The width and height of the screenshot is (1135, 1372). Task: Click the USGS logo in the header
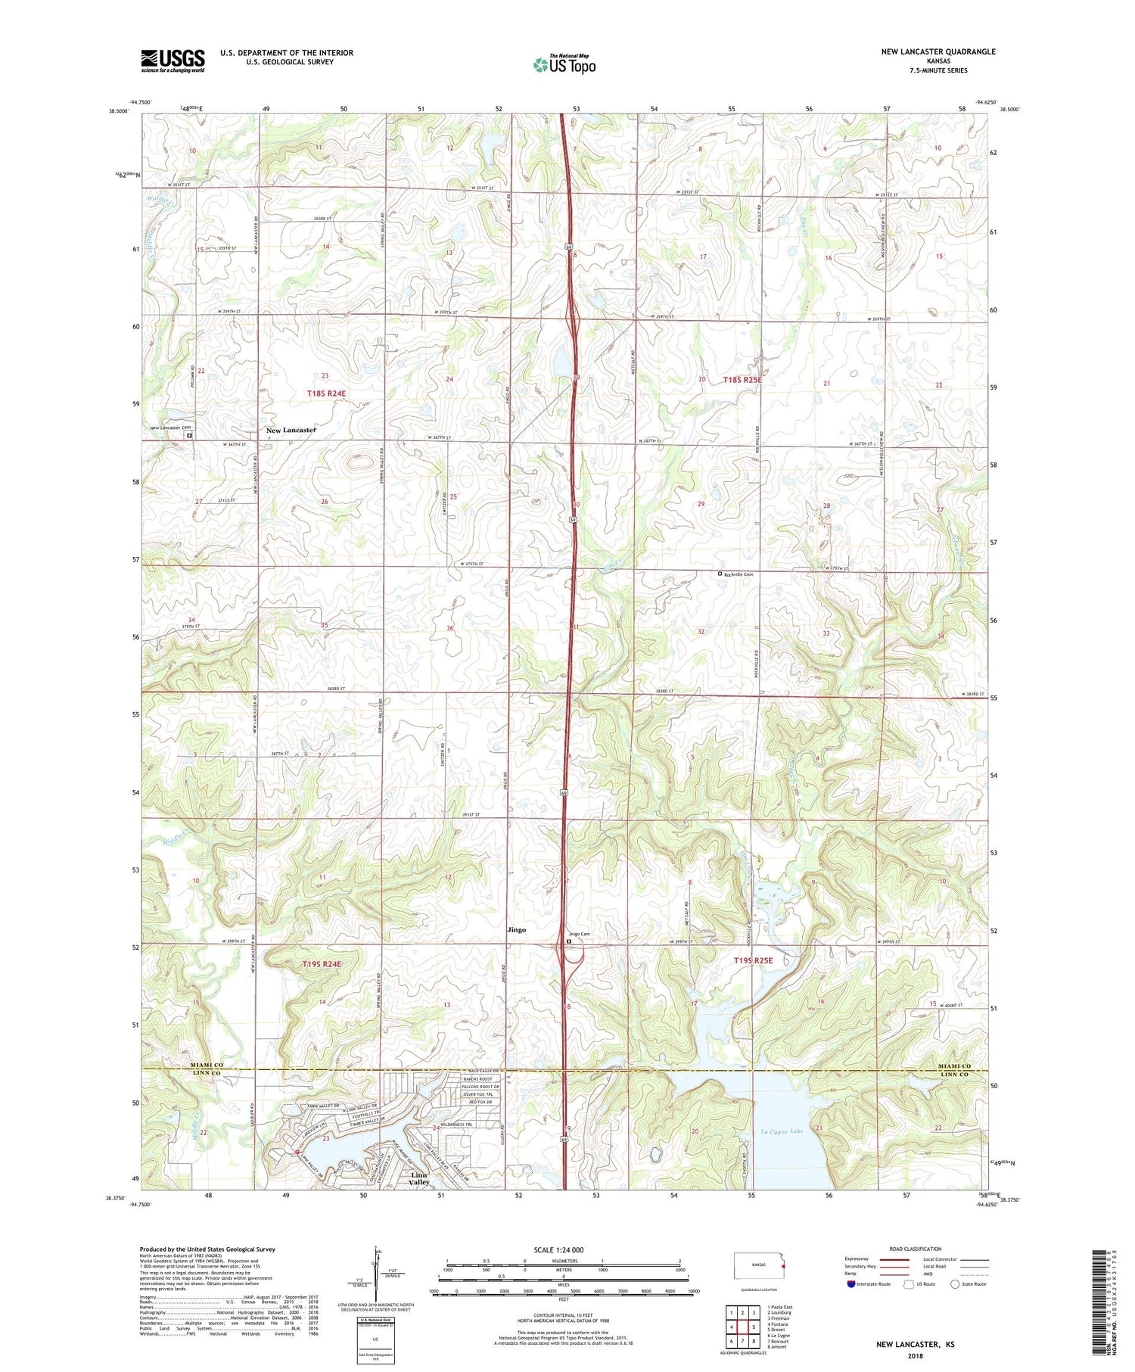(173, 61)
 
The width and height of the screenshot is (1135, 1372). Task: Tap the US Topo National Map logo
(564, 64)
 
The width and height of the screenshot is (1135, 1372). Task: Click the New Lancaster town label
(291, 430)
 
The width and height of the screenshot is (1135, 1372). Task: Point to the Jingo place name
(516, 929)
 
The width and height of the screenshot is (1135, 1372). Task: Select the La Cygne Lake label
(782, 1132)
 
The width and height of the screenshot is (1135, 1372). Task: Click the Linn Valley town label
(419, 1178)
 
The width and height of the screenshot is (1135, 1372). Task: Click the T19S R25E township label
(753, 960)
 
